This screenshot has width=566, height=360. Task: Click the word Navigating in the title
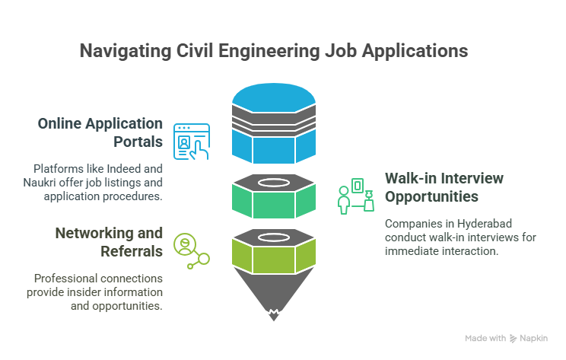coord(126,51)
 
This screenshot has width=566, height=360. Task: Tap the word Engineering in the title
coord(269,51)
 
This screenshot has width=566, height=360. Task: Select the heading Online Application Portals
coord(100,132)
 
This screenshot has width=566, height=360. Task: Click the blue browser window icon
coord(191,142)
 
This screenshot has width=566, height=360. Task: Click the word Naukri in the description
coord(40,183)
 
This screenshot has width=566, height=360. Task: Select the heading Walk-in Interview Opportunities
coord(444,187)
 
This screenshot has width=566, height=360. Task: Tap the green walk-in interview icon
coord(356,196)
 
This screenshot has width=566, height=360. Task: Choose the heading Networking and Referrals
coord(109,242)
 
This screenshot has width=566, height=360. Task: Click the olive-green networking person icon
coord(191,251)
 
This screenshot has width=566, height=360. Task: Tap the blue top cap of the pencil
coord(274,97)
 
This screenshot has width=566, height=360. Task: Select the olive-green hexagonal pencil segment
coord(274,255)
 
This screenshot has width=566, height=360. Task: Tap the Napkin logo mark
coord(513,339)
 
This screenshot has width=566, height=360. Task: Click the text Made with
coord(485,339)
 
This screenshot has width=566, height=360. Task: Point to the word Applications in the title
coord(415,51)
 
